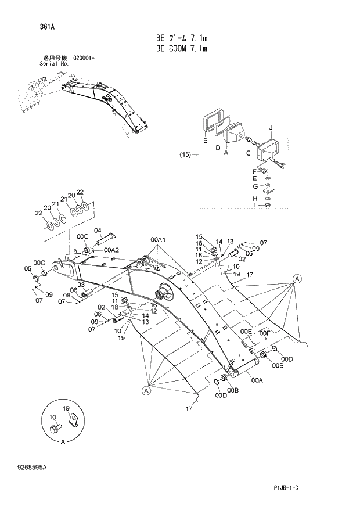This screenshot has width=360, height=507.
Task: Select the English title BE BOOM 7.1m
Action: tap(182, 49)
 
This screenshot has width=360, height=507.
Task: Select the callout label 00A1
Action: tap(158, 240)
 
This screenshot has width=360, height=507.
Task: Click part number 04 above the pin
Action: tap(98, 231)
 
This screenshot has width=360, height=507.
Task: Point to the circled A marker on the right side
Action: tap(296, 278)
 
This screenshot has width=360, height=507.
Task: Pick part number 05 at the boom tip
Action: tap(27, 268)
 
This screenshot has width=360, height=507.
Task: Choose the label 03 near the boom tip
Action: tap(82, 285)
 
